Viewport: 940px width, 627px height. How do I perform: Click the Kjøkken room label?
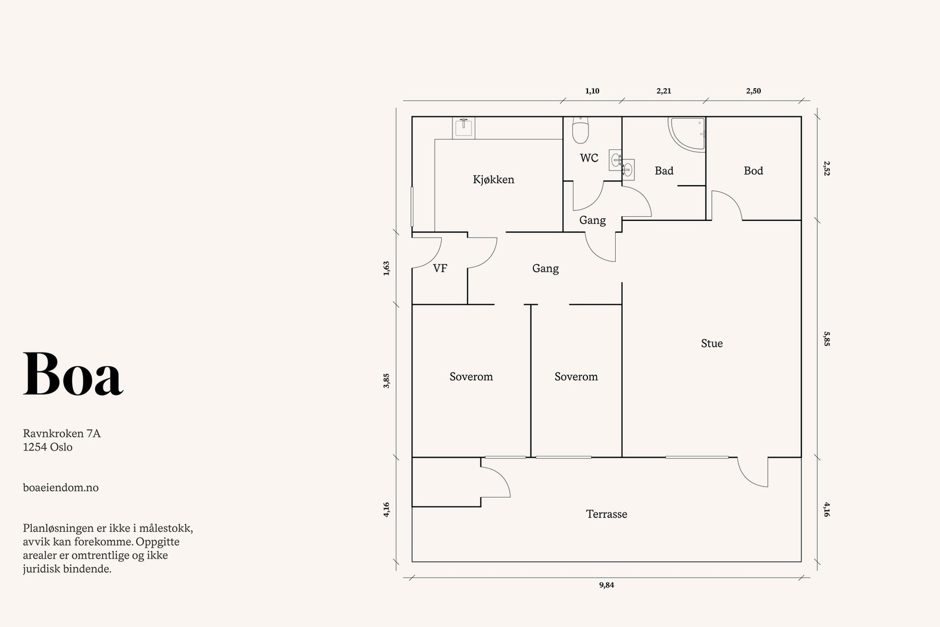point(493,180)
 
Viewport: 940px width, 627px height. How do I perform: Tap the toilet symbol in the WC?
point(580,130)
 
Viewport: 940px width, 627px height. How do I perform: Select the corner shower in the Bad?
point(687,135)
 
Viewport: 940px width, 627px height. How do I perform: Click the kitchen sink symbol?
point(464,128)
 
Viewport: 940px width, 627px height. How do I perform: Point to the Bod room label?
point(753,171)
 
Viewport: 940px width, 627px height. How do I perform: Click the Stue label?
point(711,343)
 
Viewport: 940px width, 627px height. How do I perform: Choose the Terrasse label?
point(606,514)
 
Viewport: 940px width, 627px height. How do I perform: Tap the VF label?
point(440,268)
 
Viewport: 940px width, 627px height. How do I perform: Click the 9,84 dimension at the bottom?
point(606,585)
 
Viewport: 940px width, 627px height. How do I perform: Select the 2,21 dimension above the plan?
point(664,90)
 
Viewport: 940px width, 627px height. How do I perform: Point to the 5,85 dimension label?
point(827,338)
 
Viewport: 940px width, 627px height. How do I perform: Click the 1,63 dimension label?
point(387,269)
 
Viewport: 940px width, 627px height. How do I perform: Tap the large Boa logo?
point(73,374)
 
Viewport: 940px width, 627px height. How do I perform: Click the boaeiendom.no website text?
point(61,488)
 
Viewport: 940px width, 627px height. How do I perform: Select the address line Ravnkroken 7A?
point(62,434)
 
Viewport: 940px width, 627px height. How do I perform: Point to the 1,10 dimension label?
point(592,90)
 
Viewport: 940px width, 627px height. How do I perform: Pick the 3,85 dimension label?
point(387,381)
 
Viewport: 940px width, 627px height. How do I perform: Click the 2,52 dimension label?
point(827,168)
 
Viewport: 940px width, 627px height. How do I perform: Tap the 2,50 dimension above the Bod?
point(753,90)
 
